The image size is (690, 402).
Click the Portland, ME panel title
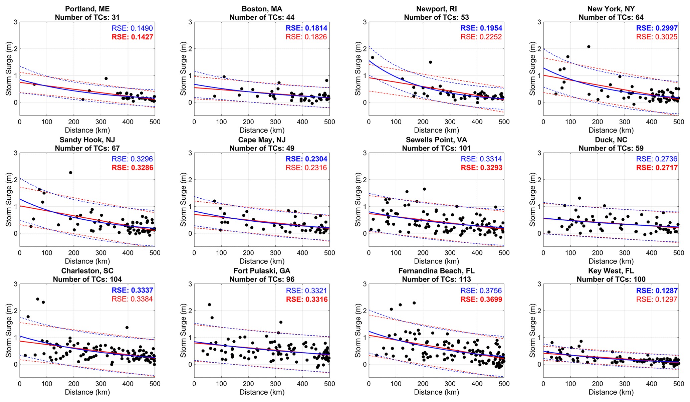[87, 9]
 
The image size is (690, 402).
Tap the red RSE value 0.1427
[133, 37]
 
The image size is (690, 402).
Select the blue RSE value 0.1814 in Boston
[306, 28]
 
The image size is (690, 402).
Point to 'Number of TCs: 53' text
[436, 17]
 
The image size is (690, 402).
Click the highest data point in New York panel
[589, 47]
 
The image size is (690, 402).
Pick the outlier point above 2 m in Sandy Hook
[70, 173]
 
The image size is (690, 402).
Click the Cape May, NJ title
[262, 140]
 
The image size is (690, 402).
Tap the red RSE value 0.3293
[481, 168]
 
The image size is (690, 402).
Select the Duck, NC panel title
[611, 140]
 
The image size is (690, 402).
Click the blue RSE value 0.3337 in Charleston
[133, 290]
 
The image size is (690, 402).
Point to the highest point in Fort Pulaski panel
[209, 305]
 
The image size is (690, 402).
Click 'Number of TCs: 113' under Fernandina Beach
[436, 279]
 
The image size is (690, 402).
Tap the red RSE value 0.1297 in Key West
[657, 299]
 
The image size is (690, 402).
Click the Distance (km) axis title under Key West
[611, 392]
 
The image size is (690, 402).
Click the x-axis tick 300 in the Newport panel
[450, 122]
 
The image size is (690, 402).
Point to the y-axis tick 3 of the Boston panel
[190, 22]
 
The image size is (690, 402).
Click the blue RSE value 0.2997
[657, 28]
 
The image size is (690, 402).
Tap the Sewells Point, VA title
[436, 140]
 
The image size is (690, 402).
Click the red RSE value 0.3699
[481, 299]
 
